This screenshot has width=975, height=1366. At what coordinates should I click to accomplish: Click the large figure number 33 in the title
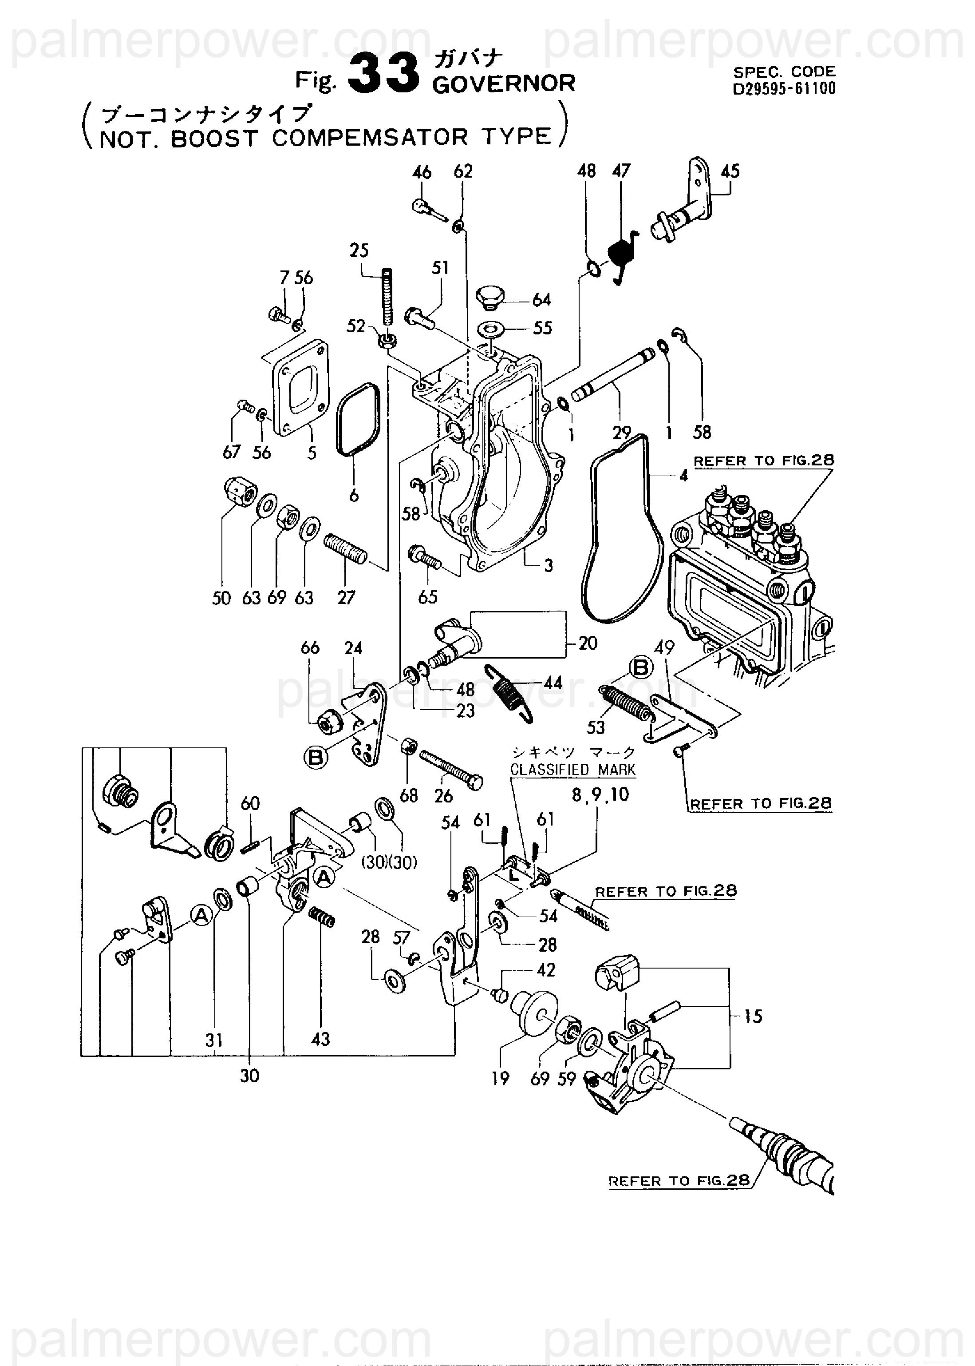coord(383,73)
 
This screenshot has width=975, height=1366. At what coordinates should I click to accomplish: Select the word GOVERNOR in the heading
coord(503,83)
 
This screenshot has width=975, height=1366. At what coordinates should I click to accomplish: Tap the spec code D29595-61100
coord(784,89)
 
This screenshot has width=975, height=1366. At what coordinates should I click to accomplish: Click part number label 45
coord(730,171)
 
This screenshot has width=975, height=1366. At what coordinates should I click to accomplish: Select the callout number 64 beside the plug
coord(541,299)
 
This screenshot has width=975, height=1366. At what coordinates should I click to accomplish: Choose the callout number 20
coord(588,643)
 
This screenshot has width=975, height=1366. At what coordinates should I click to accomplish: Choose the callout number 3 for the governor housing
coord(548,565)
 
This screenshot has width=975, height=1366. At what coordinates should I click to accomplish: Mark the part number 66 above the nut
coord(310,647)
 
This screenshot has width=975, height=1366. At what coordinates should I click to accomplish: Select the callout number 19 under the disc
coord(500,1079)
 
